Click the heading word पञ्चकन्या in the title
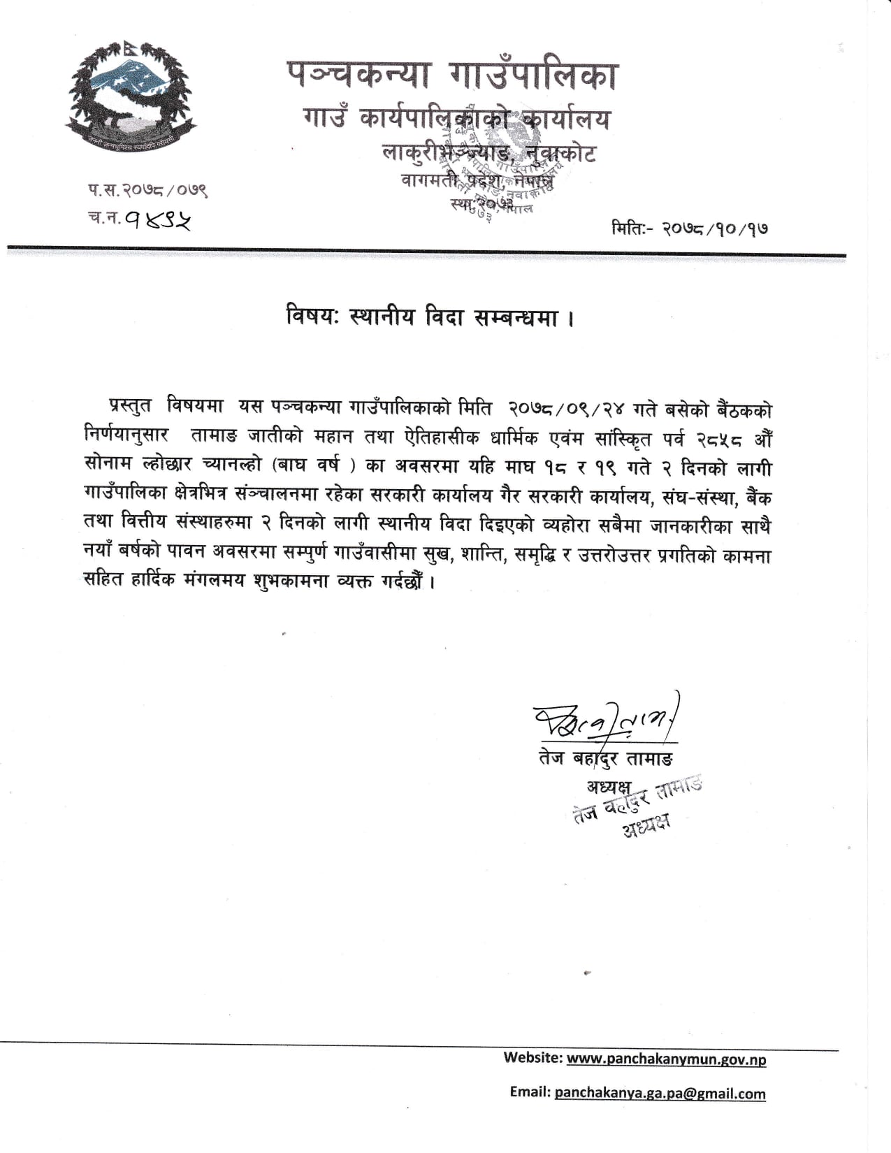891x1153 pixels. pos(356,76)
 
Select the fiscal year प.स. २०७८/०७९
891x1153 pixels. pos(147,189)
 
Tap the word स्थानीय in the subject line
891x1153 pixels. pos(382,318)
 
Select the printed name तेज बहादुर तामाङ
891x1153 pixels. pos(606,758)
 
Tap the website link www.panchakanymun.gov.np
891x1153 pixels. pos(666,1059)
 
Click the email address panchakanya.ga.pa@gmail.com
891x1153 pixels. pos(660,1094)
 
